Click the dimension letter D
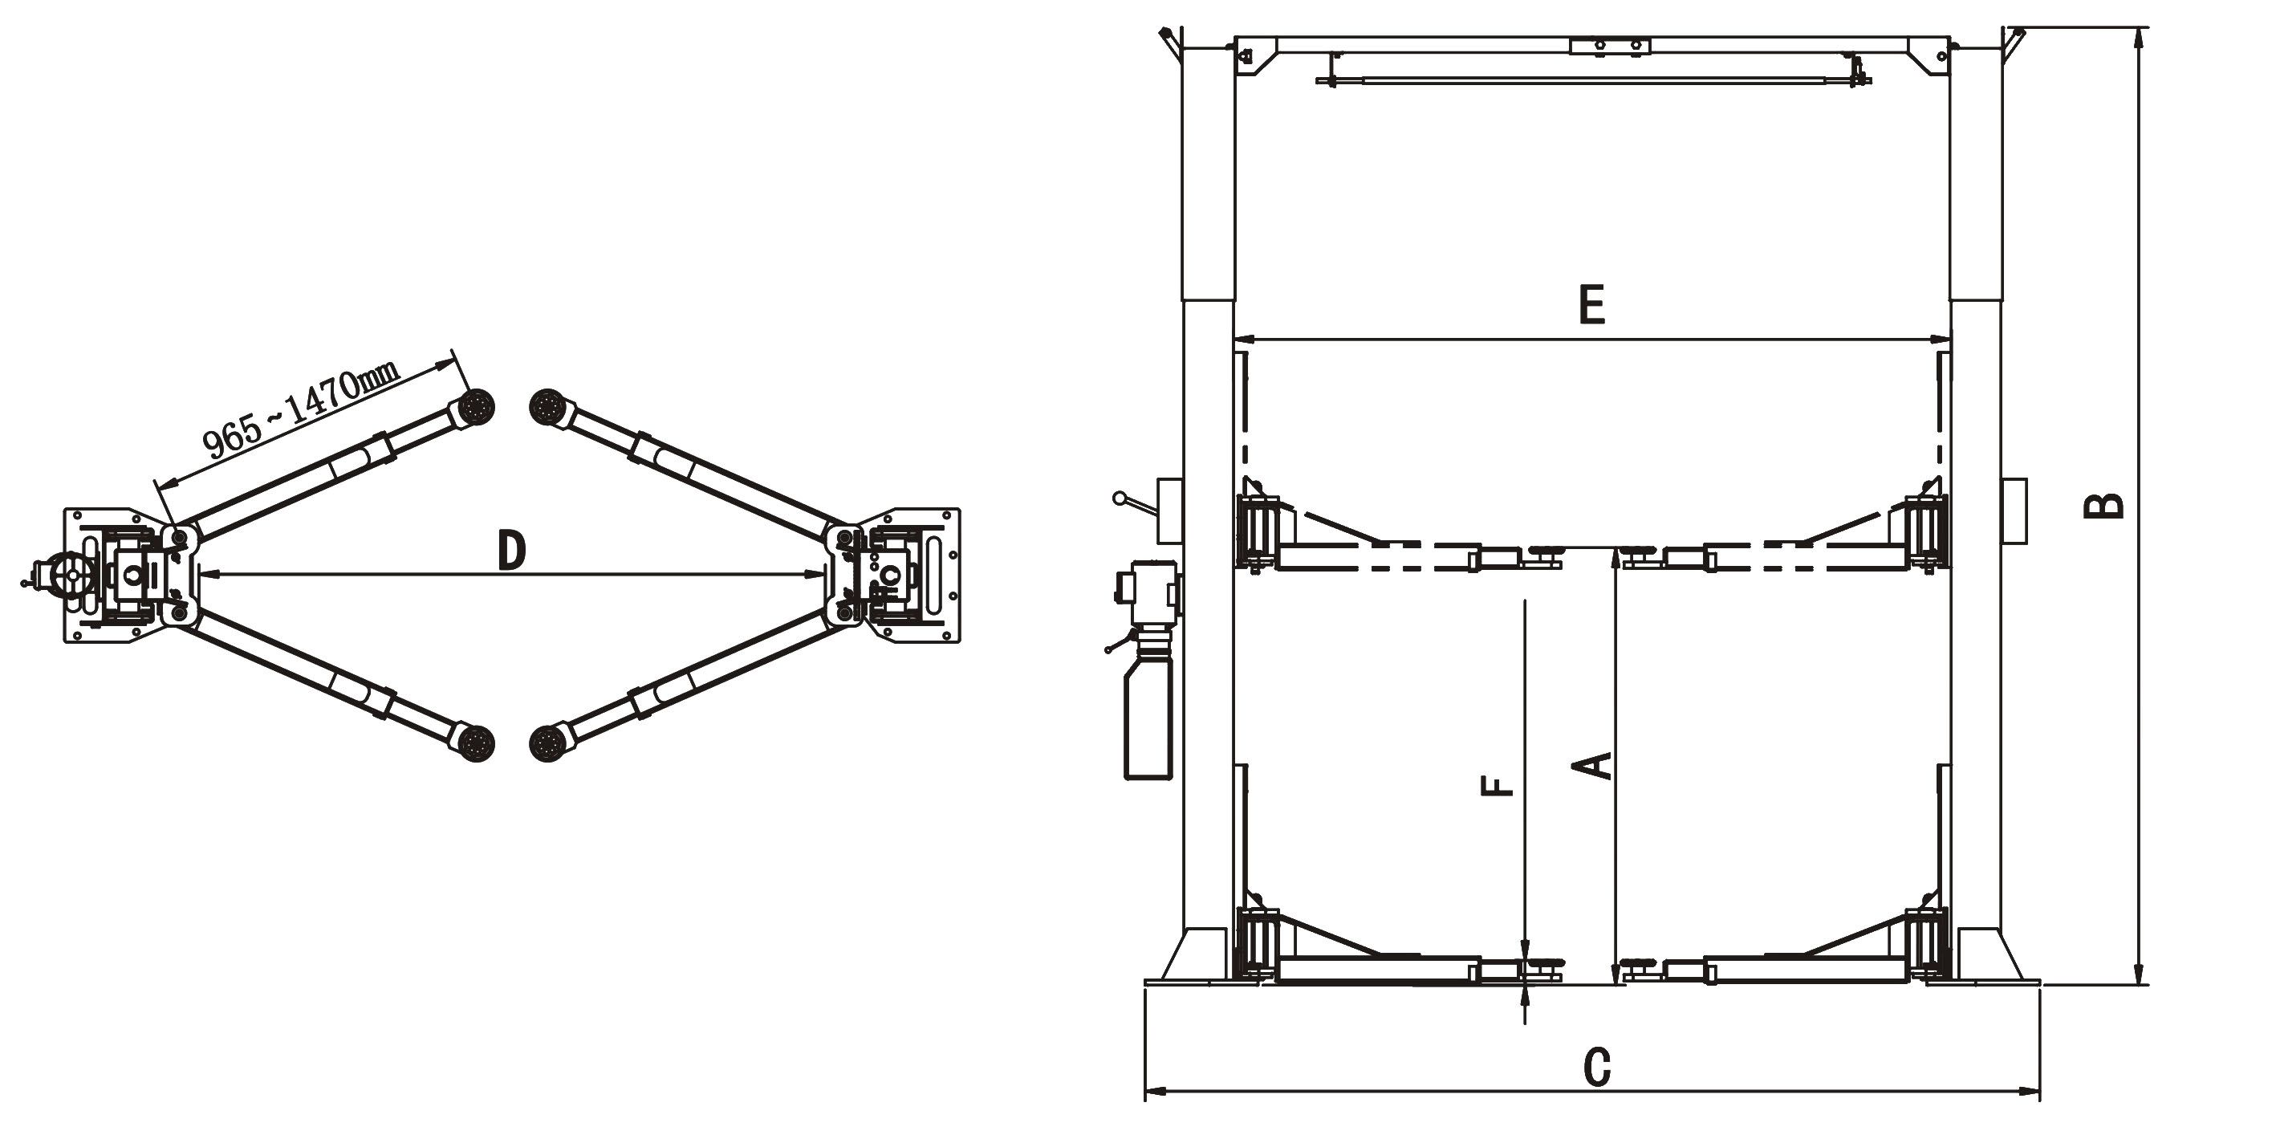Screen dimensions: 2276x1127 511,550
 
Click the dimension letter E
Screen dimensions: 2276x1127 1592,305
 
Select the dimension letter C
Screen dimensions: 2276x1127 1596,1067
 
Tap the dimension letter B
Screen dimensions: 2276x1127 2103,505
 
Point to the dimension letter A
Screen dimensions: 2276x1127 1595,766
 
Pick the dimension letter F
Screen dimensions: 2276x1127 1497,786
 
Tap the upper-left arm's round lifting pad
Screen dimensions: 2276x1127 476,409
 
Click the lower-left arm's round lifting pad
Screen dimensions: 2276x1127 476,743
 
